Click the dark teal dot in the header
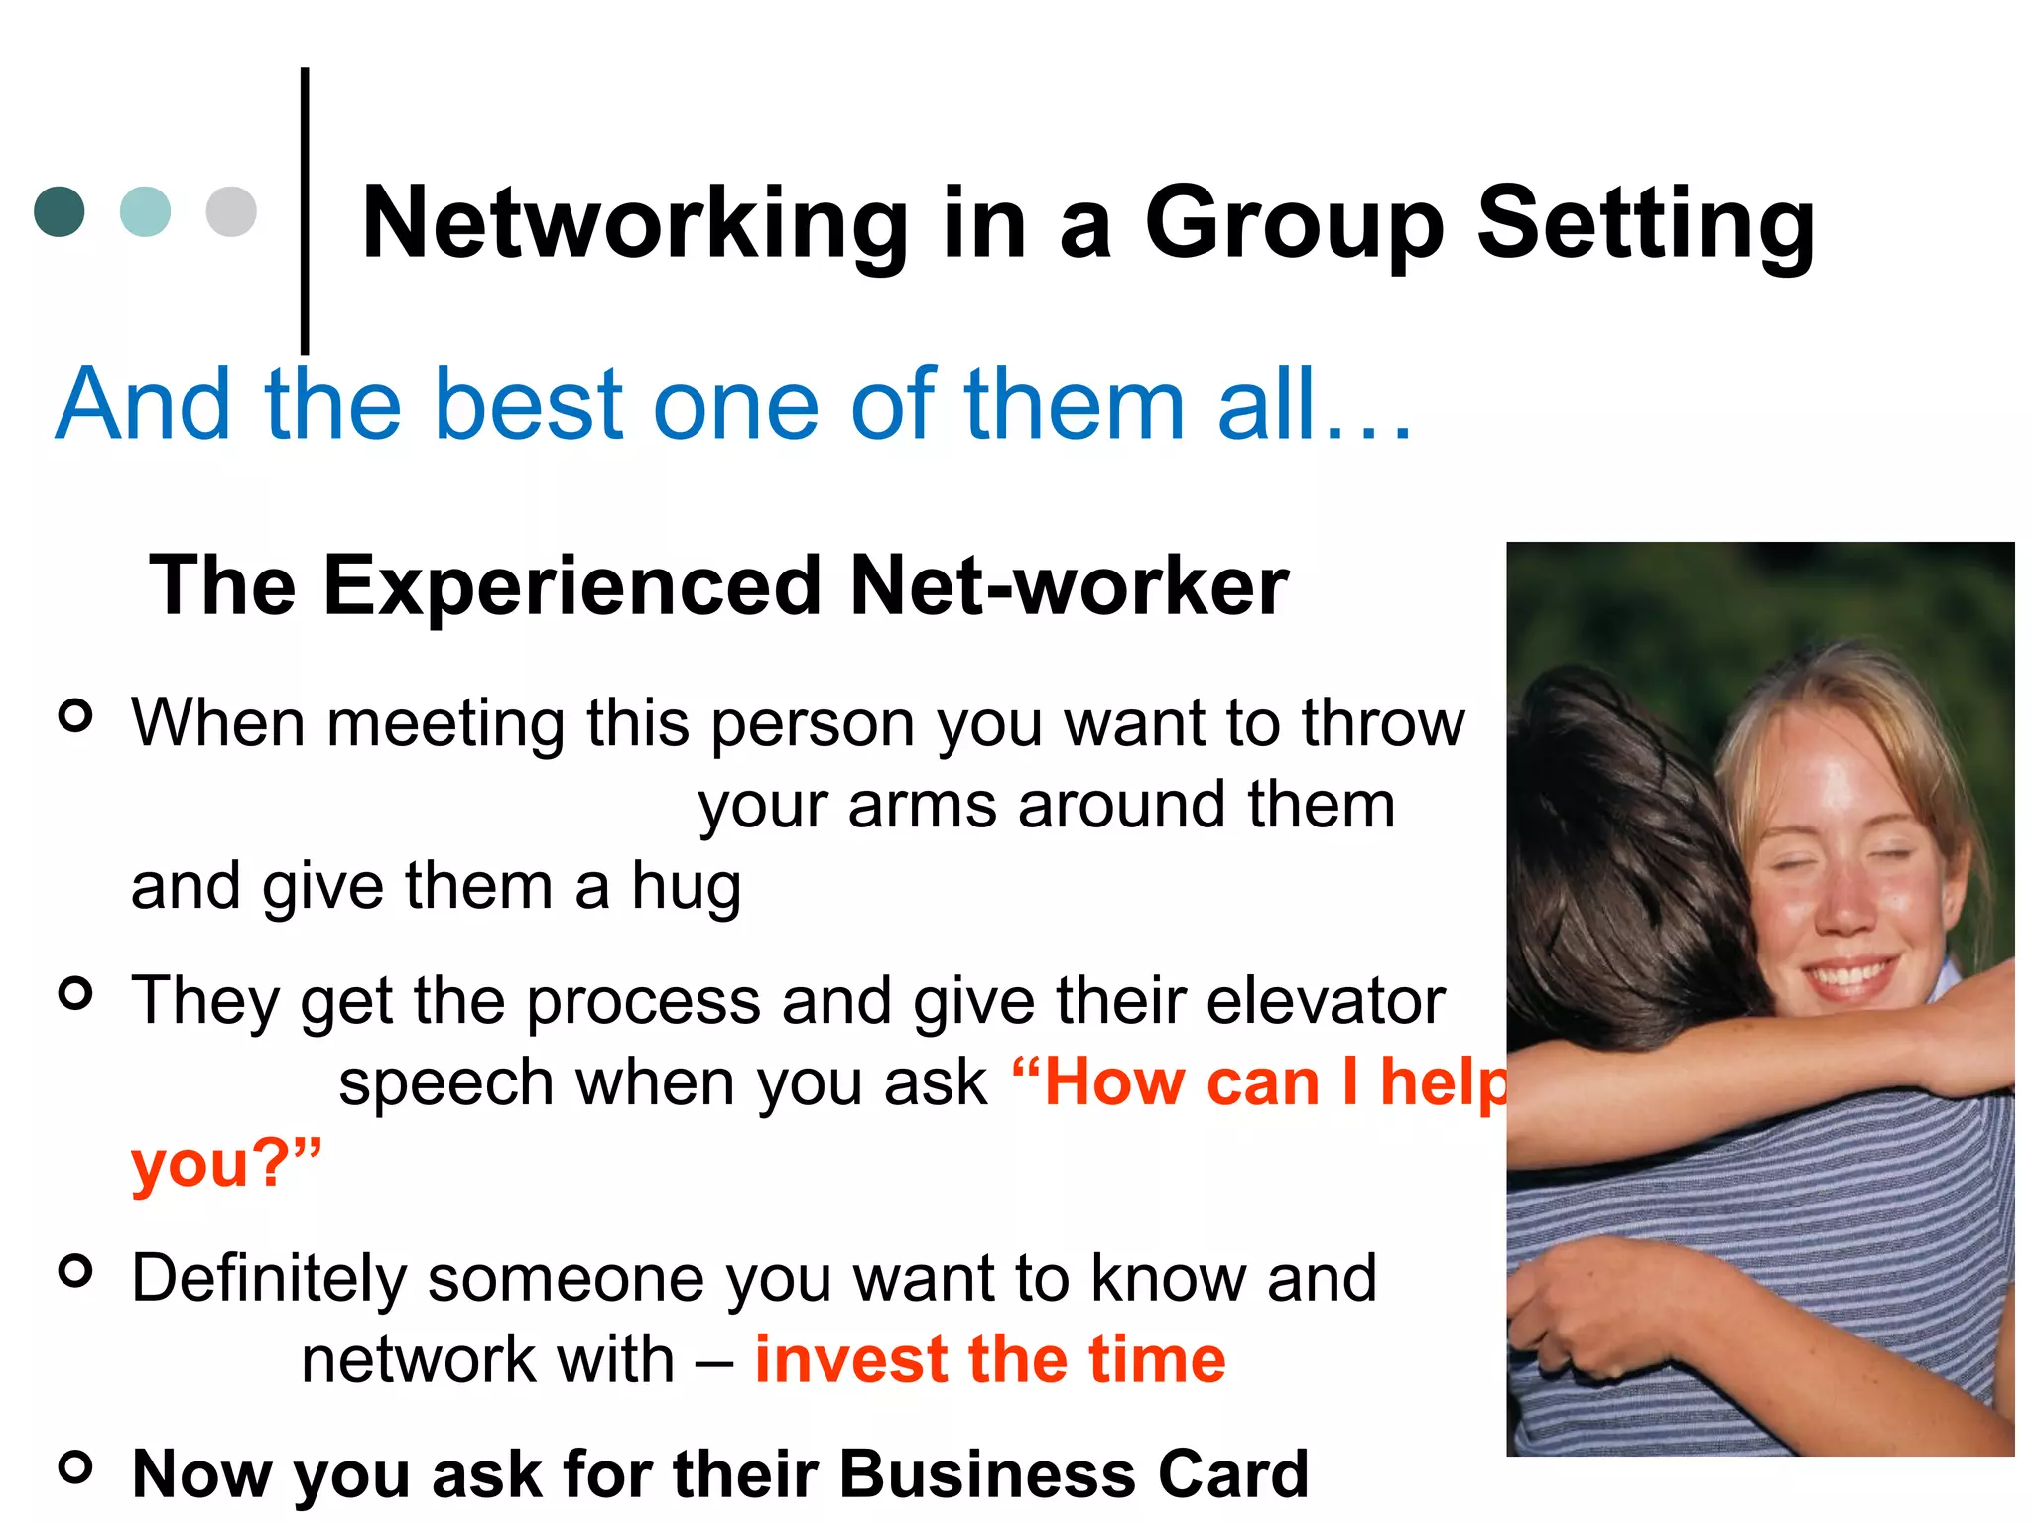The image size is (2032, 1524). (x=60, y=211)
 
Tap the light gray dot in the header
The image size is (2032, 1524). (x=231, y=211)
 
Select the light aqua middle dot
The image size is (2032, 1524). (x=145, y=211)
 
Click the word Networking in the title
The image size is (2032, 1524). (x=635, y=225)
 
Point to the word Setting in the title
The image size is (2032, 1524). (x=1645, y=225)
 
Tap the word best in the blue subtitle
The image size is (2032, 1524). (x=529, y=404)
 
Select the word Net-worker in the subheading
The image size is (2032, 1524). (x=1069, y=586)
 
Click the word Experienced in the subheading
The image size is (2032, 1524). (x=571, y=586)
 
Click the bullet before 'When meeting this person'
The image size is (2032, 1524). (x=75, y=714)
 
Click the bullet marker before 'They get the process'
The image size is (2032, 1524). (x=75, y=992)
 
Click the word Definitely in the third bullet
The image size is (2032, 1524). (x=269, y=1278)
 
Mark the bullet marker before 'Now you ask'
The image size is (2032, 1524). (x=75, y=1466)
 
